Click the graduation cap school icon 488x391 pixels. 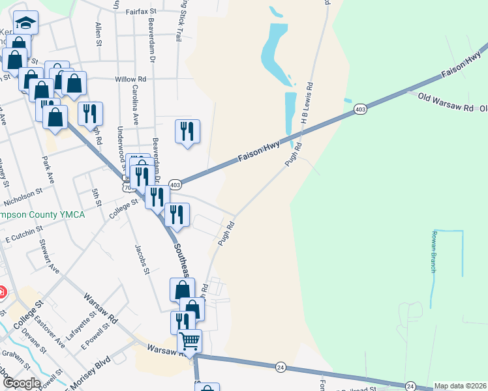(x=25, y=23)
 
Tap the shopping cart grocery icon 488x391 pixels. (x=190, y=341)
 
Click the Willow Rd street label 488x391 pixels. (x=130, y=79)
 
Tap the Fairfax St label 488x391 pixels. (x=142, y=11)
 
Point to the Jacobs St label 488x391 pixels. (x=142, y=259)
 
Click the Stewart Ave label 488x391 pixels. (x=49, y=257)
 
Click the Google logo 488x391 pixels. (x=21, y=383)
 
